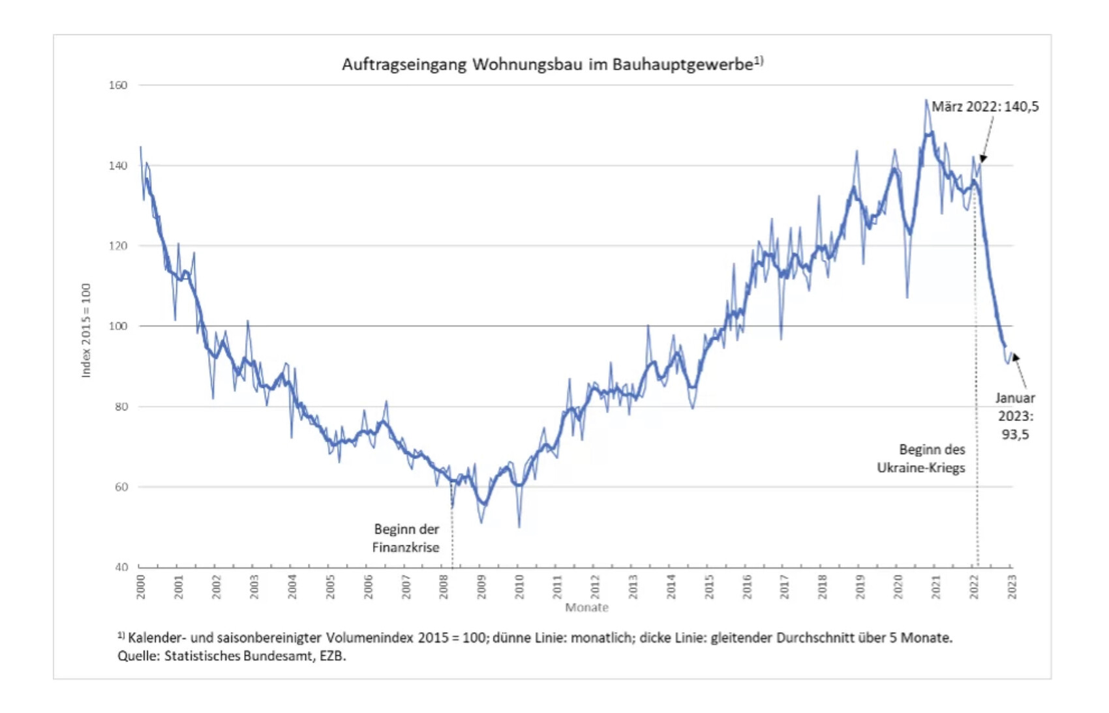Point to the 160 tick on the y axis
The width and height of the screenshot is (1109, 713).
pyautogui.click(x=118, y=85)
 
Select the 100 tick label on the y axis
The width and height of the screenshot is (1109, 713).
pyautogui.click(x=118, y=326)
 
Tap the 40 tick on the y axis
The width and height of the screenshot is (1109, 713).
pyautogui.click(x=121, y=567)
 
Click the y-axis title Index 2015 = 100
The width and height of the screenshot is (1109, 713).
pyautogui.click(x=86, y=330)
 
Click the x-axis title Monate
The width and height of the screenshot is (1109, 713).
pyautogui.click(x=586, y=607)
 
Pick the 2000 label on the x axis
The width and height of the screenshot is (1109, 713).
pyautogui.click(x=141, y=587)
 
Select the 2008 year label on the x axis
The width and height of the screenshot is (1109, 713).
pyautogui.click(x=444, y=587)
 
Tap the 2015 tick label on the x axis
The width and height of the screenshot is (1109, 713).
pyautogui.click(x=709, y=587)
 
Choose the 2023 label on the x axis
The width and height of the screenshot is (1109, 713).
pyautogui.click(x=1011, y=587)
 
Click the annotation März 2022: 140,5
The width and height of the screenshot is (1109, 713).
pyautogui.click(x=984, y=106)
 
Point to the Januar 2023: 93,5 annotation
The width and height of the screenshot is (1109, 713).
pyautogui.click(x=1015, y=416)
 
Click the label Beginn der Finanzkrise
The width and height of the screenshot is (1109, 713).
pyautogui.click(x=406, y=538)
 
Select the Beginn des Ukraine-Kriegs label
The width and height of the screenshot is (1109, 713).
pyautogui.click(x=920, y=458)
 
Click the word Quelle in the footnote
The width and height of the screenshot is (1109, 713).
pyautogui.click(x=138, y=656)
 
